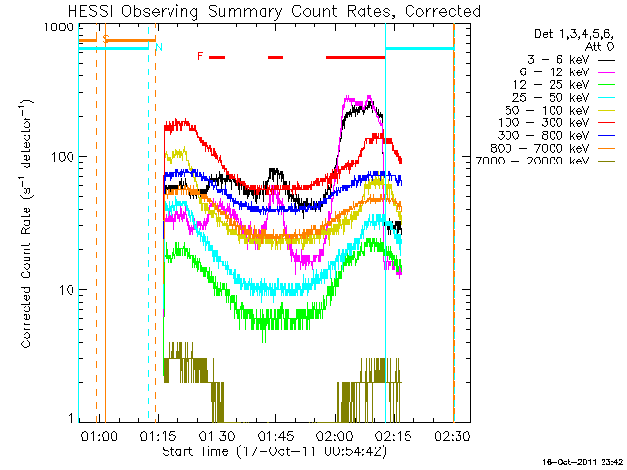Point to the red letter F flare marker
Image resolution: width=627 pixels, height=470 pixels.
(200, 56)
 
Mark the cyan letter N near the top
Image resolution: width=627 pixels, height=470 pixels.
(159, 46)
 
